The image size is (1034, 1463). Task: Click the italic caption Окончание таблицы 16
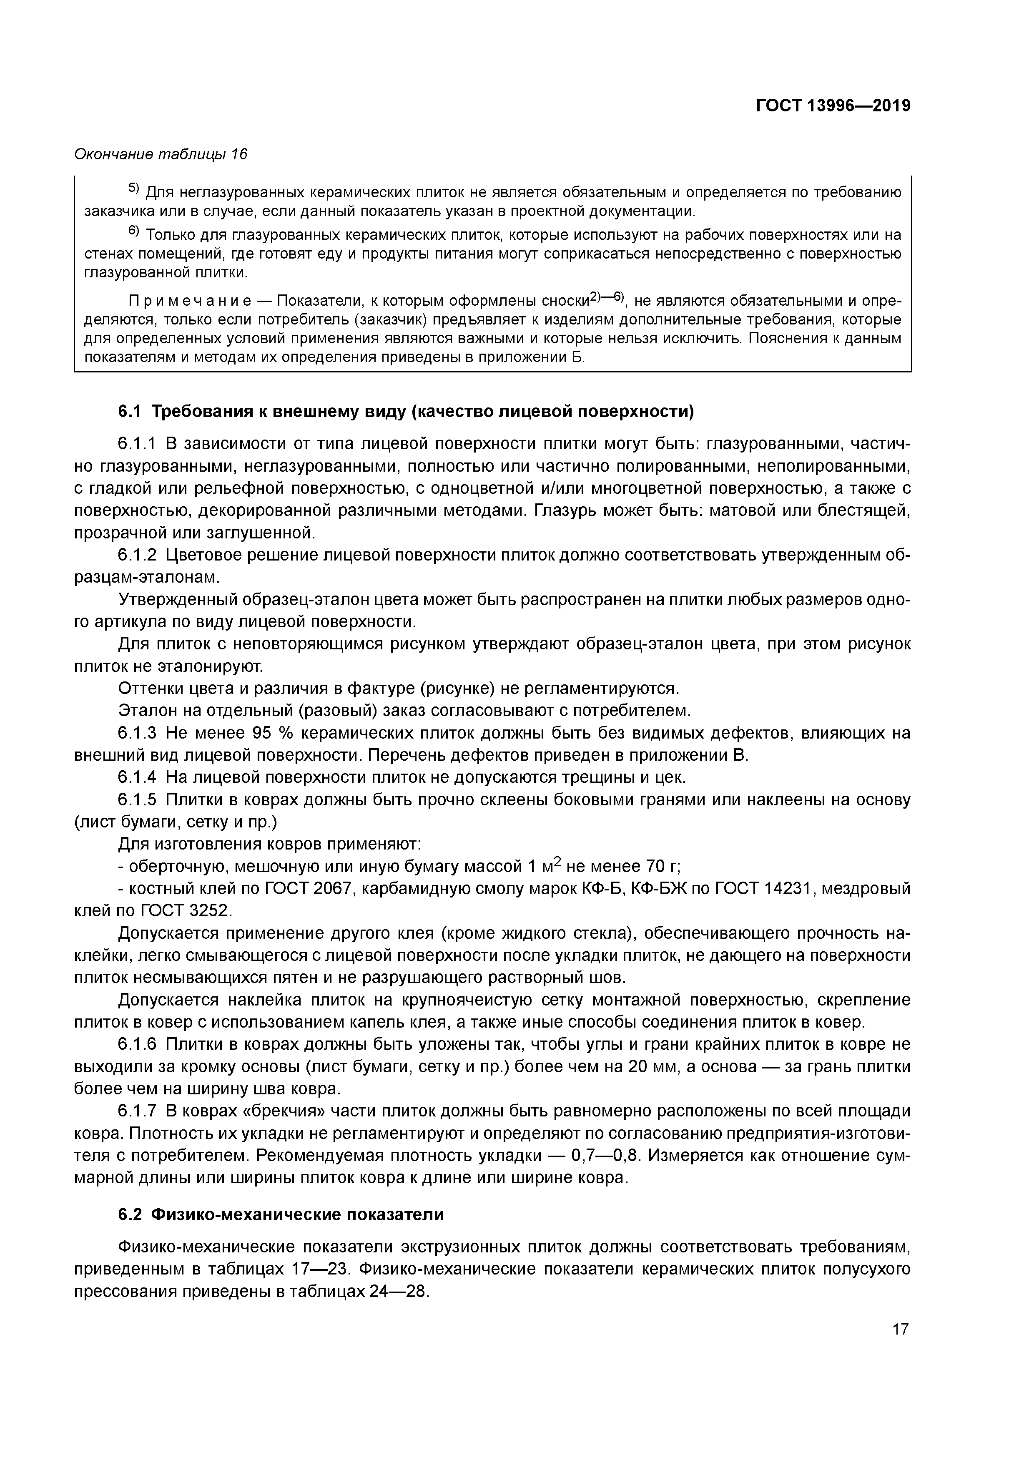click(x=161, y=154)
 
